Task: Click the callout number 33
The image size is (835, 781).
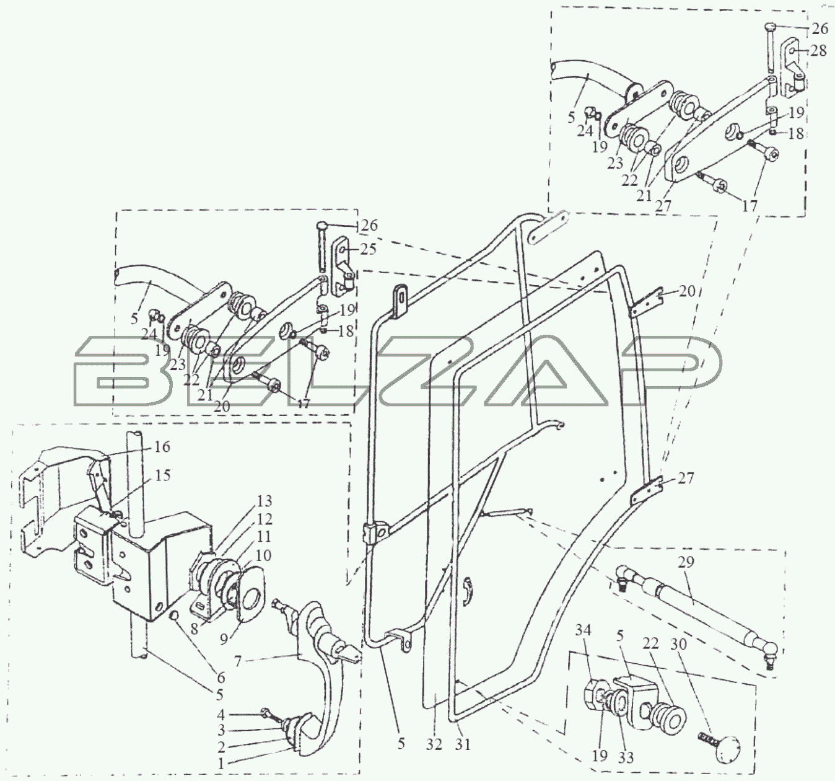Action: pos(626,757)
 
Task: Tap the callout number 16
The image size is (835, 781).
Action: pos(162,446)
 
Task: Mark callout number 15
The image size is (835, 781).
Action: pos(162,475)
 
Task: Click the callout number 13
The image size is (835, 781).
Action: pos(264,501)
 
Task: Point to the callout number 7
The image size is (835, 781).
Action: pos(237,661)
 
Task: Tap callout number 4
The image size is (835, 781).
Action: pos(220,714)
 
